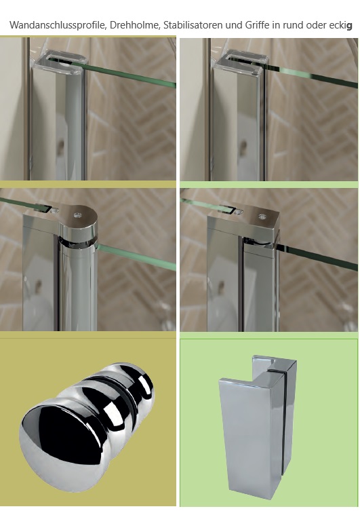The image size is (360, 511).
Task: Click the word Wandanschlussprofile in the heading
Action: (58, 25)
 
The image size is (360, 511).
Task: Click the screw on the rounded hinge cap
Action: (77, 215)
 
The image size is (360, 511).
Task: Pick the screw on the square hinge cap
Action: (262, 216)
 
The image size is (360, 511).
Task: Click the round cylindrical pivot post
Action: (78, 287)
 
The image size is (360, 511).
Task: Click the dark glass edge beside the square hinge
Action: (317, 257)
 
